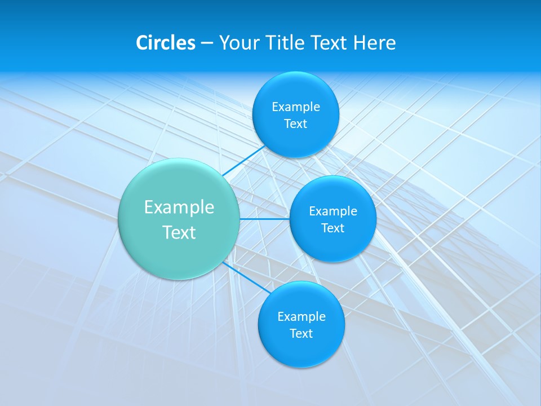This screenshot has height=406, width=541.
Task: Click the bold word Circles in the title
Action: [166, 43]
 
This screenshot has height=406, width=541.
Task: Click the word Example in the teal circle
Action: [179, 208]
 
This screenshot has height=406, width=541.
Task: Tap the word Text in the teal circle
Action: [179, 232]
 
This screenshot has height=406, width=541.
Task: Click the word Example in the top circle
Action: [295, 107]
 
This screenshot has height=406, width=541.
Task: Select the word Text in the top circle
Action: [295, 124]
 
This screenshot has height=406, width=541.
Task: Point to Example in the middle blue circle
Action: [332, 211]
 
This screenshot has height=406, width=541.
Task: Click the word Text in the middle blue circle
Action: [332, 228]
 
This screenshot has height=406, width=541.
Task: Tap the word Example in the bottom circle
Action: [301, 317]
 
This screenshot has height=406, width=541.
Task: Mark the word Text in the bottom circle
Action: [301, 334]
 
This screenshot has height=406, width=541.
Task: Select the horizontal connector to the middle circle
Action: [264, 219]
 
